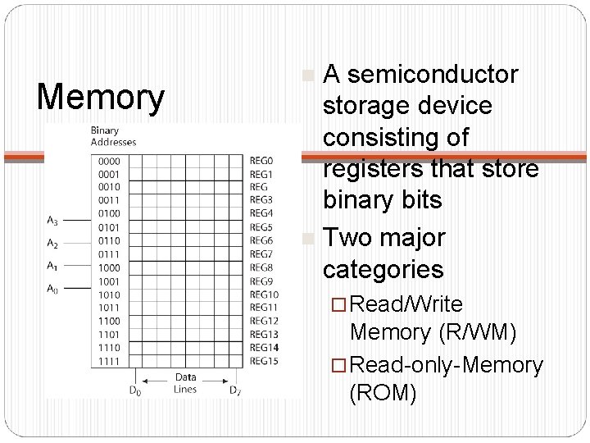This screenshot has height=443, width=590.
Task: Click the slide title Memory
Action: point(102,97)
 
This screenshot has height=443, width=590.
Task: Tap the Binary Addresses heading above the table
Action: point(113,136)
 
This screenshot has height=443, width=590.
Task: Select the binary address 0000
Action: point(108,162)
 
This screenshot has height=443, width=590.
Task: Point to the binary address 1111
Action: point(108,362)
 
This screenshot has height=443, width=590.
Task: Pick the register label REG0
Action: point(261,162)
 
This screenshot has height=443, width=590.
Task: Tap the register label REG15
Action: point(264,362)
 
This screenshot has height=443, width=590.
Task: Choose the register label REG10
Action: point(264,295)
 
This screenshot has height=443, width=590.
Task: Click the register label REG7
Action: point(261,255)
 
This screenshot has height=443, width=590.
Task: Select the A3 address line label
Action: point(53,220)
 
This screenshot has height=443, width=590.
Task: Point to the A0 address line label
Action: point(53,288)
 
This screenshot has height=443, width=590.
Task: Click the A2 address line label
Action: point(53,244)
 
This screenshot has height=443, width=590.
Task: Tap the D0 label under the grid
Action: point(135,390)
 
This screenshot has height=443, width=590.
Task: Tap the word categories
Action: point(383,268)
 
